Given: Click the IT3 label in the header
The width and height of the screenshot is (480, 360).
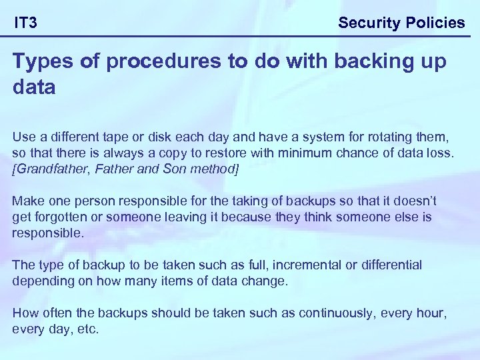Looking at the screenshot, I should coord(26,23).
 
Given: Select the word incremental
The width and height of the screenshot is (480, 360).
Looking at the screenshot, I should coord(304,265).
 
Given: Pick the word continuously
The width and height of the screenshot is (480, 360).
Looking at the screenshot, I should coord(339,313).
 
